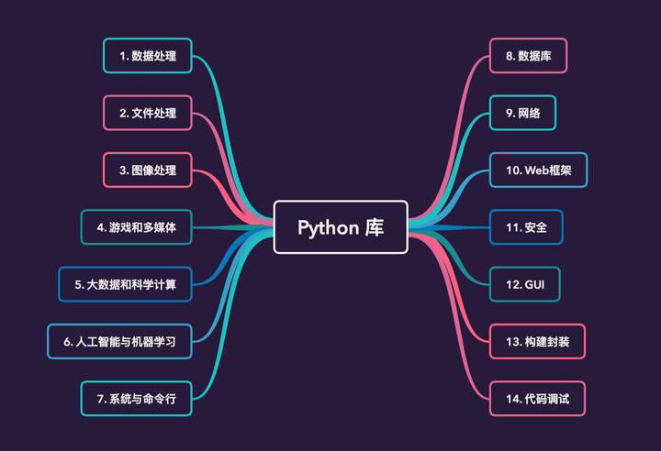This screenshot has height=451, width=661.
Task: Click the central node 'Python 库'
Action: click(x=341, y=227)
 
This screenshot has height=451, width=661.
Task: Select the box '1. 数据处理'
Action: click(x=147, y=56)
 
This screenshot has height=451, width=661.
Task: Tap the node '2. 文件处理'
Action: click(x=147, y=114)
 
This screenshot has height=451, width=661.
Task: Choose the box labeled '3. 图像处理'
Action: click(x=147, y=170)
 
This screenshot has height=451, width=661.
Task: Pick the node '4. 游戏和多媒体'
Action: click(x=136, y=227)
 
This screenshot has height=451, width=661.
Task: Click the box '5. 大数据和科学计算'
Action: click(x=125, y=284)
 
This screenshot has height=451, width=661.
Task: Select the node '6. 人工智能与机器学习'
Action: click(x=119, y=341)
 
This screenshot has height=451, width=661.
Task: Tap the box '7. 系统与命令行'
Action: click(x=136, y=399)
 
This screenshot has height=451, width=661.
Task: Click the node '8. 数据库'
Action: click(x=528, y=56)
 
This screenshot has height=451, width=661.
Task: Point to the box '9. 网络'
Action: click(x=521, y=114)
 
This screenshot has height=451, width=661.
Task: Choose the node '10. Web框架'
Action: click(x=537, y=170)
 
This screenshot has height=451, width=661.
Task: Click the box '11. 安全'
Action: click(x=526, y=227)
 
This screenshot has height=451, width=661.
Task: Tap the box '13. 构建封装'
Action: click(x=537, y=341)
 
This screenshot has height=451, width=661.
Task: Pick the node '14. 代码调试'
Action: click(x=537, y=399)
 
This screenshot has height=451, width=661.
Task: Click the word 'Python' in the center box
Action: click(x=327, y=227)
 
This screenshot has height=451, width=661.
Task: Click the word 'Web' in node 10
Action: click(x=536, y=170)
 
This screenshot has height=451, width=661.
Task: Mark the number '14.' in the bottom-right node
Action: click(x=512, y=399)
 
